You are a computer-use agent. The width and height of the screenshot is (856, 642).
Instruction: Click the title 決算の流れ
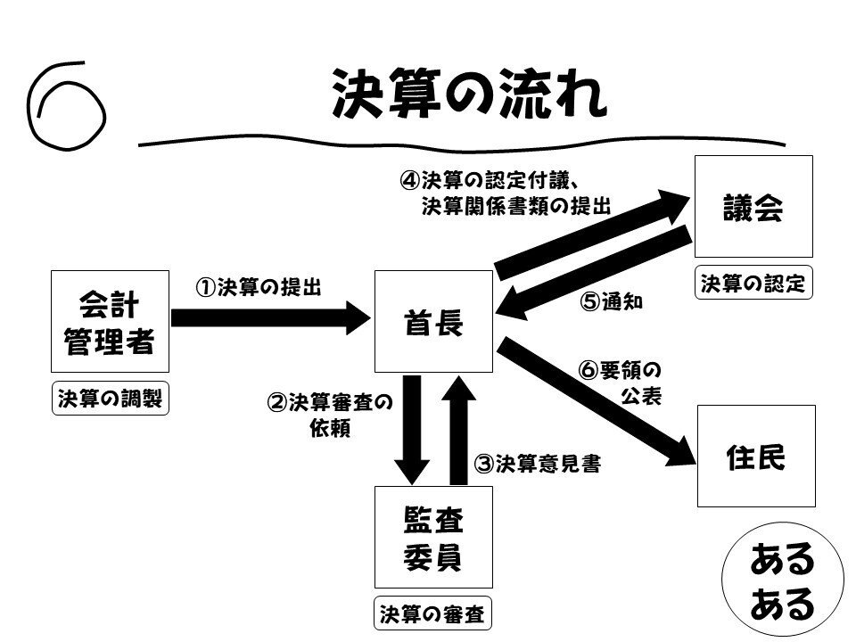pos(470,94)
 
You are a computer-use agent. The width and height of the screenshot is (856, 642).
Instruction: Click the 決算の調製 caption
pos(111,399)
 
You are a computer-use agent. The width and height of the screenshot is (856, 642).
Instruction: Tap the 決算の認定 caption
pos(753,283)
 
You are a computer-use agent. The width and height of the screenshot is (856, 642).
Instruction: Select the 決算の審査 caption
pos(432,613)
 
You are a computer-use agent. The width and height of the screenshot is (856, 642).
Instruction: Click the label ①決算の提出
pos(259,287)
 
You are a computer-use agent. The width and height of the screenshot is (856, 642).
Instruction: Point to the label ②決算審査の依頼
pos(330,415)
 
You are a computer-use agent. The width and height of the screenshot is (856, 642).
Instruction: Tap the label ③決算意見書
pos(537,464)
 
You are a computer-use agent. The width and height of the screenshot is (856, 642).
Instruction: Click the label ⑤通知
pos(611,301)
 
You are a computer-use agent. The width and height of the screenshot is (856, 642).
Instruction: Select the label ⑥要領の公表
pos(621,383)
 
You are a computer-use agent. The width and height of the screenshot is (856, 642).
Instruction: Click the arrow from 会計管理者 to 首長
pos(271,317)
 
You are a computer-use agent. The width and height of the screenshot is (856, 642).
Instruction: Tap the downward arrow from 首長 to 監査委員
pos(412,430)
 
